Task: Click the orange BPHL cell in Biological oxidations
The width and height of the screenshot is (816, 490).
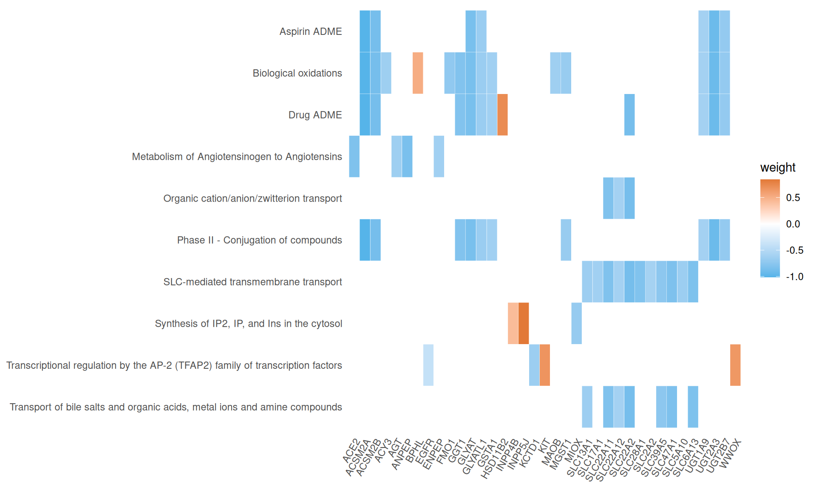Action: [x=418, y=73]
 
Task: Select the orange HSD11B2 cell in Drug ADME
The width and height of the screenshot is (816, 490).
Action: [x=502, y=114]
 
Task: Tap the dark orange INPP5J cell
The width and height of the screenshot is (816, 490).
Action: [x=524, y=323]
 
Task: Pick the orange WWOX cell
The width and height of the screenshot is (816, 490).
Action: [x=735, y=365]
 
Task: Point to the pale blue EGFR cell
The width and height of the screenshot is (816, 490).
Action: [x=428, y=365]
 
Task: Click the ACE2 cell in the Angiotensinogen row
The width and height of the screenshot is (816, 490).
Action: [x=354, y=156]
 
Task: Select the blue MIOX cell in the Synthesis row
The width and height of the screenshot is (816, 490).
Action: [x=576, y=323]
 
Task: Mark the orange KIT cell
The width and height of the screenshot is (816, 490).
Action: [x=545, y=365]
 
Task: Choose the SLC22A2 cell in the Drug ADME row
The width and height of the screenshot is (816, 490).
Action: [x=629, y=114]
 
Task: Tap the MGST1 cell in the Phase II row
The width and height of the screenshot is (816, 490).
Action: [x=566, y=240]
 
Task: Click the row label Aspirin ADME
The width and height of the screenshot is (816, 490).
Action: [x=310, y=31]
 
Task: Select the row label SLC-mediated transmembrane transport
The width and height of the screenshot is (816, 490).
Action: [x=252, y=282]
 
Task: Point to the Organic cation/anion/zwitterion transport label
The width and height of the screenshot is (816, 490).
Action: [x=252, y=199]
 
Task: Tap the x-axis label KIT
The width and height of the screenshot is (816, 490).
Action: [x=544, y=446]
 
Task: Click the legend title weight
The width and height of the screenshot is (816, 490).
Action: [x=777, y=168]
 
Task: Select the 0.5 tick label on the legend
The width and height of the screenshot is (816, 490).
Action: [x=793, y=198]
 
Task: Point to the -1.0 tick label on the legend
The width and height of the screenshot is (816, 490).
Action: [x=794, y=277]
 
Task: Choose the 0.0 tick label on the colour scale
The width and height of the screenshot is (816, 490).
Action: [x=793, y=224]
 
